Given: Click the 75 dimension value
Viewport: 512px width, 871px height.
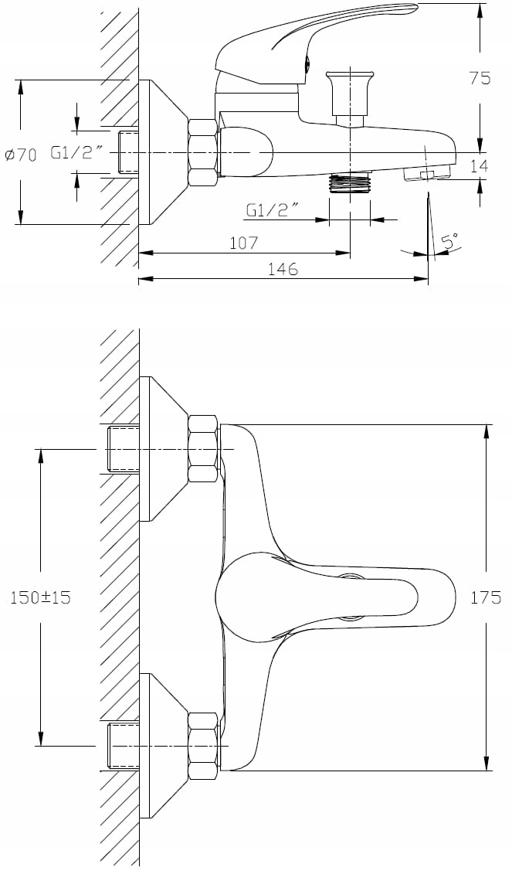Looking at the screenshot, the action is point(480,78).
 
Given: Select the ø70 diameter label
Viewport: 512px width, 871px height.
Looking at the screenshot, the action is point(21,155).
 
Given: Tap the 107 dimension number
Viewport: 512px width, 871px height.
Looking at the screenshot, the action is point(244,242).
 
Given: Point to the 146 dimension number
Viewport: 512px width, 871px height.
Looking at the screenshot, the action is point(283,269).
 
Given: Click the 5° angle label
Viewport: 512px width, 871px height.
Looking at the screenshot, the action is point(449,241).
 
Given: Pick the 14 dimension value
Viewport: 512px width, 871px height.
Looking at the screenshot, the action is point(479,165).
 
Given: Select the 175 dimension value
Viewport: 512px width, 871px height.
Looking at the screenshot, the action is point(486,597).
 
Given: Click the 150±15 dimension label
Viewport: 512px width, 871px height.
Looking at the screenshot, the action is point(41,597).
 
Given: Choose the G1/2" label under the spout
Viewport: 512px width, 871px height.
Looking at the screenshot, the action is point(273,210).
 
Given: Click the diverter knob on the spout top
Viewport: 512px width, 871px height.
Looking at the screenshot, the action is point(350,94).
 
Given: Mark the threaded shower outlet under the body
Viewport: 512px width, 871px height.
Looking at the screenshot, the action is point(350,182).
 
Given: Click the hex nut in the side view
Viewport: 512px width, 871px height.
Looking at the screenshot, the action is point(202,153).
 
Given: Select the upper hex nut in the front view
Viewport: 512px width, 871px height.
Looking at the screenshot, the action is point(202,448).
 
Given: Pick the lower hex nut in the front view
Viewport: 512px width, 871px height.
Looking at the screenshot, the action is point(202,746).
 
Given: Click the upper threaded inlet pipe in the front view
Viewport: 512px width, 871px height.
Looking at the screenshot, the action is point(123,448).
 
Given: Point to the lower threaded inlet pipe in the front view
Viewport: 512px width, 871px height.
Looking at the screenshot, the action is point(123,746).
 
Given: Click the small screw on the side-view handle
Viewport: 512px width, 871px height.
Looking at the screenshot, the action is point(307,66).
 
